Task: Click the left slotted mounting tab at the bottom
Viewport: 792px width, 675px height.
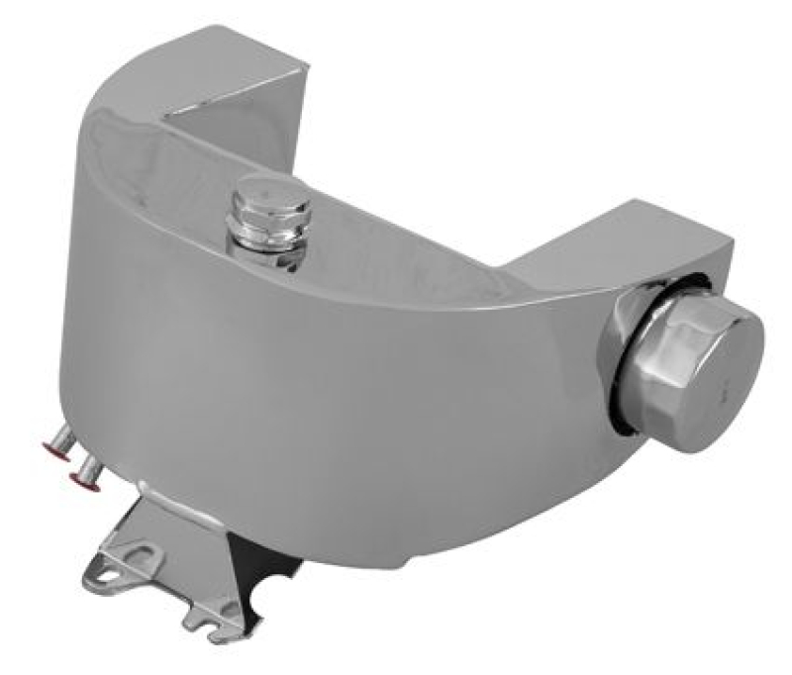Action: pyautogui.click(x=115, y=571)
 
